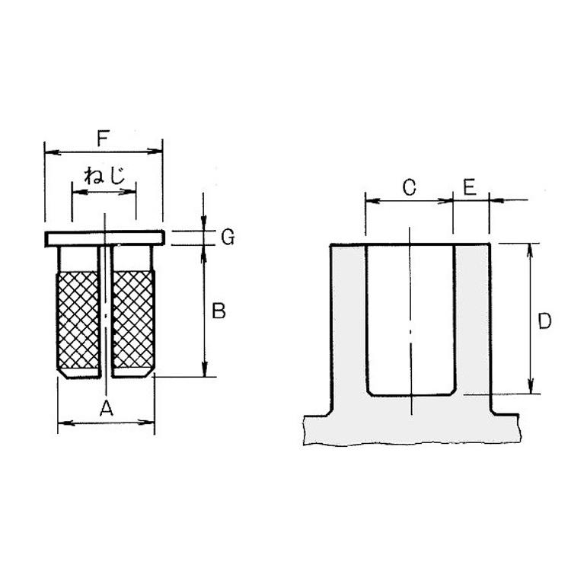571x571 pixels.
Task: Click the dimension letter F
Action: pos(103,139)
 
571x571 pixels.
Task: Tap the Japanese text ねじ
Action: pos(104,176)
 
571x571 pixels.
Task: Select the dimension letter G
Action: pos(228,237)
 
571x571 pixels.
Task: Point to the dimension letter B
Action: pos(219,311)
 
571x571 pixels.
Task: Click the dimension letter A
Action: pos(107,408)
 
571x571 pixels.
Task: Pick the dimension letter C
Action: pos(410,187)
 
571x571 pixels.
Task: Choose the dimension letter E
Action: pos(470,187)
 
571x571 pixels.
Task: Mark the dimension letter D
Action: pos(544,321)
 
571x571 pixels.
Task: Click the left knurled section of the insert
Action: pos(78,320)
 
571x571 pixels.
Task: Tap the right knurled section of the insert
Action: pos(133,320)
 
